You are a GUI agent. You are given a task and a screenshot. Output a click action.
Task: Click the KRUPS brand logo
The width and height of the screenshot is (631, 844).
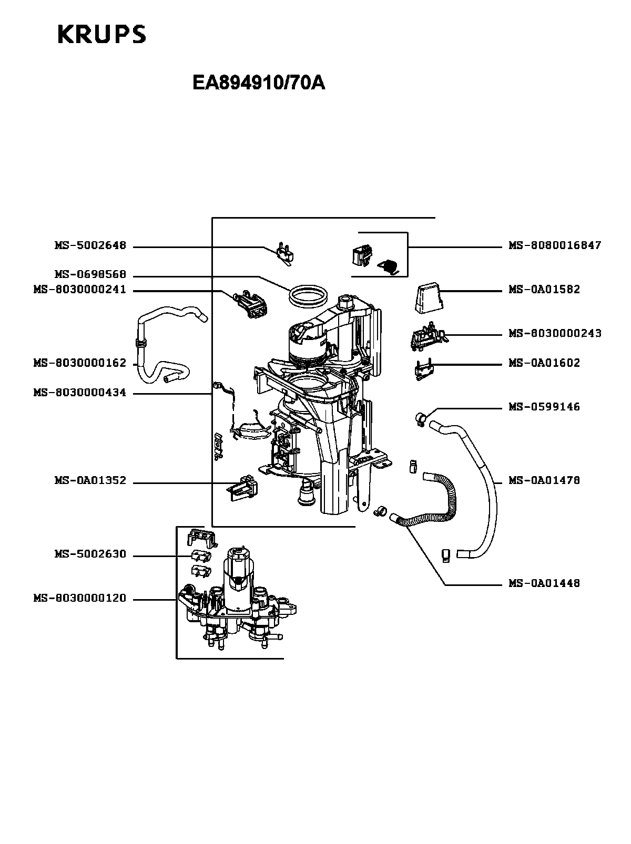tap(102, 34)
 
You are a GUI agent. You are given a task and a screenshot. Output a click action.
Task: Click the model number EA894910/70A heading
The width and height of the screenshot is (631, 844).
tap(259, 83)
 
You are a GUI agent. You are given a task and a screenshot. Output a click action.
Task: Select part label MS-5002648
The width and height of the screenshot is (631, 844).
tap(90, 245)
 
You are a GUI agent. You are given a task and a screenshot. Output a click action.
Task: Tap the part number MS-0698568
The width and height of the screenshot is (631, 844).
tap(90, 274)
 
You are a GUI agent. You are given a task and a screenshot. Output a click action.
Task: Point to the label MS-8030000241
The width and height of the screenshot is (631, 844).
tap(80, 289)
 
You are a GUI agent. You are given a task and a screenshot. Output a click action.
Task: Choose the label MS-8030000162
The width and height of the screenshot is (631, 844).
tap(80, 363)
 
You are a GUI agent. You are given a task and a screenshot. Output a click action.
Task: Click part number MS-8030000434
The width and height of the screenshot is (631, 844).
tap(80, 393)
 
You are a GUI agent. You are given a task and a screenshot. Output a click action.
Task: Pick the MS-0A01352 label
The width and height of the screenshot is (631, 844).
tap(90, 480)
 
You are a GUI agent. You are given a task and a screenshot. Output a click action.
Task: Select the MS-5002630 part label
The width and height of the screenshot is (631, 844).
tap(90, 554)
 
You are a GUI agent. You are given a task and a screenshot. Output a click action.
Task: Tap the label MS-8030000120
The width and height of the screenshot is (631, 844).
tap(80, 598)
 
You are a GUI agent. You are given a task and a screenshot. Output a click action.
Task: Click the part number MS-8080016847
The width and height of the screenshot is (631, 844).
tap(555, 245)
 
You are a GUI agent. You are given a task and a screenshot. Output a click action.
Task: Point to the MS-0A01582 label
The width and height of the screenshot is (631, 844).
tap(544, 289)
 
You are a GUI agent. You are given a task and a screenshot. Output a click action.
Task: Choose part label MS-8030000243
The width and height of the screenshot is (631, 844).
tap(555, 333)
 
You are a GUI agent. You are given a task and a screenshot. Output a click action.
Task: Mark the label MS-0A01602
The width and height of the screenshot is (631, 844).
tap(544, 363)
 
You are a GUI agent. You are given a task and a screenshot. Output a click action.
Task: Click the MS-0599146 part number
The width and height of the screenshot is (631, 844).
tap(544, 407)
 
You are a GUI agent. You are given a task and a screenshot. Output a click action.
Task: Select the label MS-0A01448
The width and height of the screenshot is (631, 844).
tap(544, 583)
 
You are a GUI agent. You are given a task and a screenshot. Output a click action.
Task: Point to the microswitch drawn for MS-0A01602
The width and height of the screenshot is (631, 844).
tap(423, 369)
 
